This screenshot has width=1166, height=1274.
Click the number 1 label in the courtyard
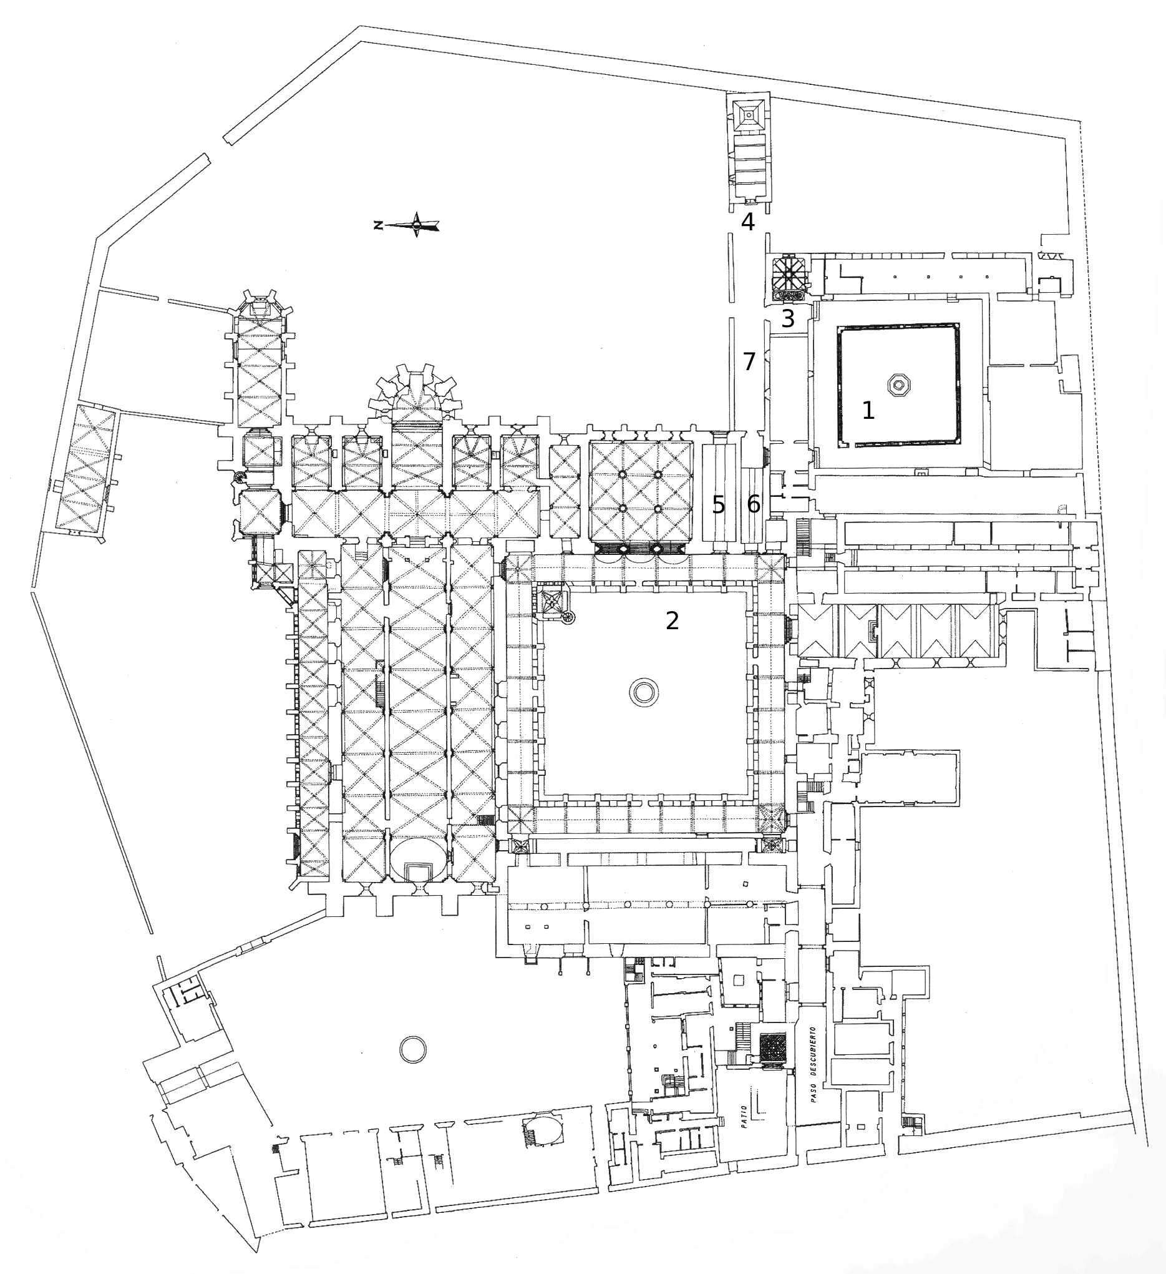click(x=868, y=411)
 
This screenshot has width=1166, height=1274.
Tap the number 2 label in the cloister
click(x=672, y=621)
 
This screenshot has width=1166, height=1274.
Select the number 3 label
click(x=788, y=320)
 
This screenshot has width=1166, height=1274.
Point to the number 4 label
click(x=748, y=222)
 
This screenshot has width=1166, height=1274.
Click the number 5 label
click(x=718, y=504)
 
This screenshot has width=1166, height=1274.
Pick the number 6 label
click(x=754, y=504)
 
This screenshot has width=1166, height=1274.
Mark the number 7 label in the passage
click(x=749, y=362)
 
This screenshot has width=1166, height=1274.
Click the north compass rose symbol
click(x=416, y=224)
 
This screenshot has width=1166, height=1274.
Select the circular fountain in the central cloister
click(x=644, y=692)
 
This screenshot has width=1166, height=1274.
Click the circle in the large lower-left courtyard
click(x=413, y=1051)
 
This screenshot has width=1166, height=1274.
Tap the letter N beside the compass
click(x=377, y=224)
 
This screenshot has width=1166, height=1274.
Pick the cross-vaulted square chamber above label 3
click(x=789, y=272)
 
